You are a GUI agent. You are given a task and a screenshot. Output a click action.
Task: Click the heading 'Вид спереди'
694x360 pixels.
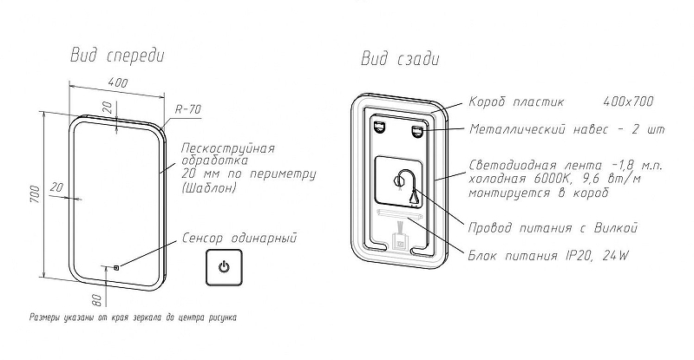click(117, 56)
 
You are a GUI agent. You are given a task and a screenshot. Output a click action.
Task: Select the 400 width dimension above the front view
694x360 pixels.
click(119, 83)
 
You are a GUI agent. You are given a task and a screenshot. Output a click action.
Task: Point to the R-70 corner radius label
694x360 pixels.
click(188, 110)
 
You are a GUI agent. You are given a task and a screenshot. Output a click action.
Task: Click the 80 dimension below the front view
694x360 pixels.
click(97, 299)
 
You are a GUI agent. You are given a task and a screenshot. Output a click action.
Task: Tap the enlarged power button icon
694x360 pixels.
click(224, 266)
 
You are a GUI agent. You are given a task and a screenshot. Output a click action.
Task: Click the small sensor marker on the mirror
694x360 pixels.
click(116, 266)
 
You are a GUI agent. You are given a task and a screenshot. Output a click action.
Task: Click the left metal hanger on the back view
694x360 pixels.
click(380, 128)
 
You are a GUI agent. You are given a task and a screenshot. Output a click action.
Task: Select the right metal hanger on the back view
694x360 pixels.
click(417, 130)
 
